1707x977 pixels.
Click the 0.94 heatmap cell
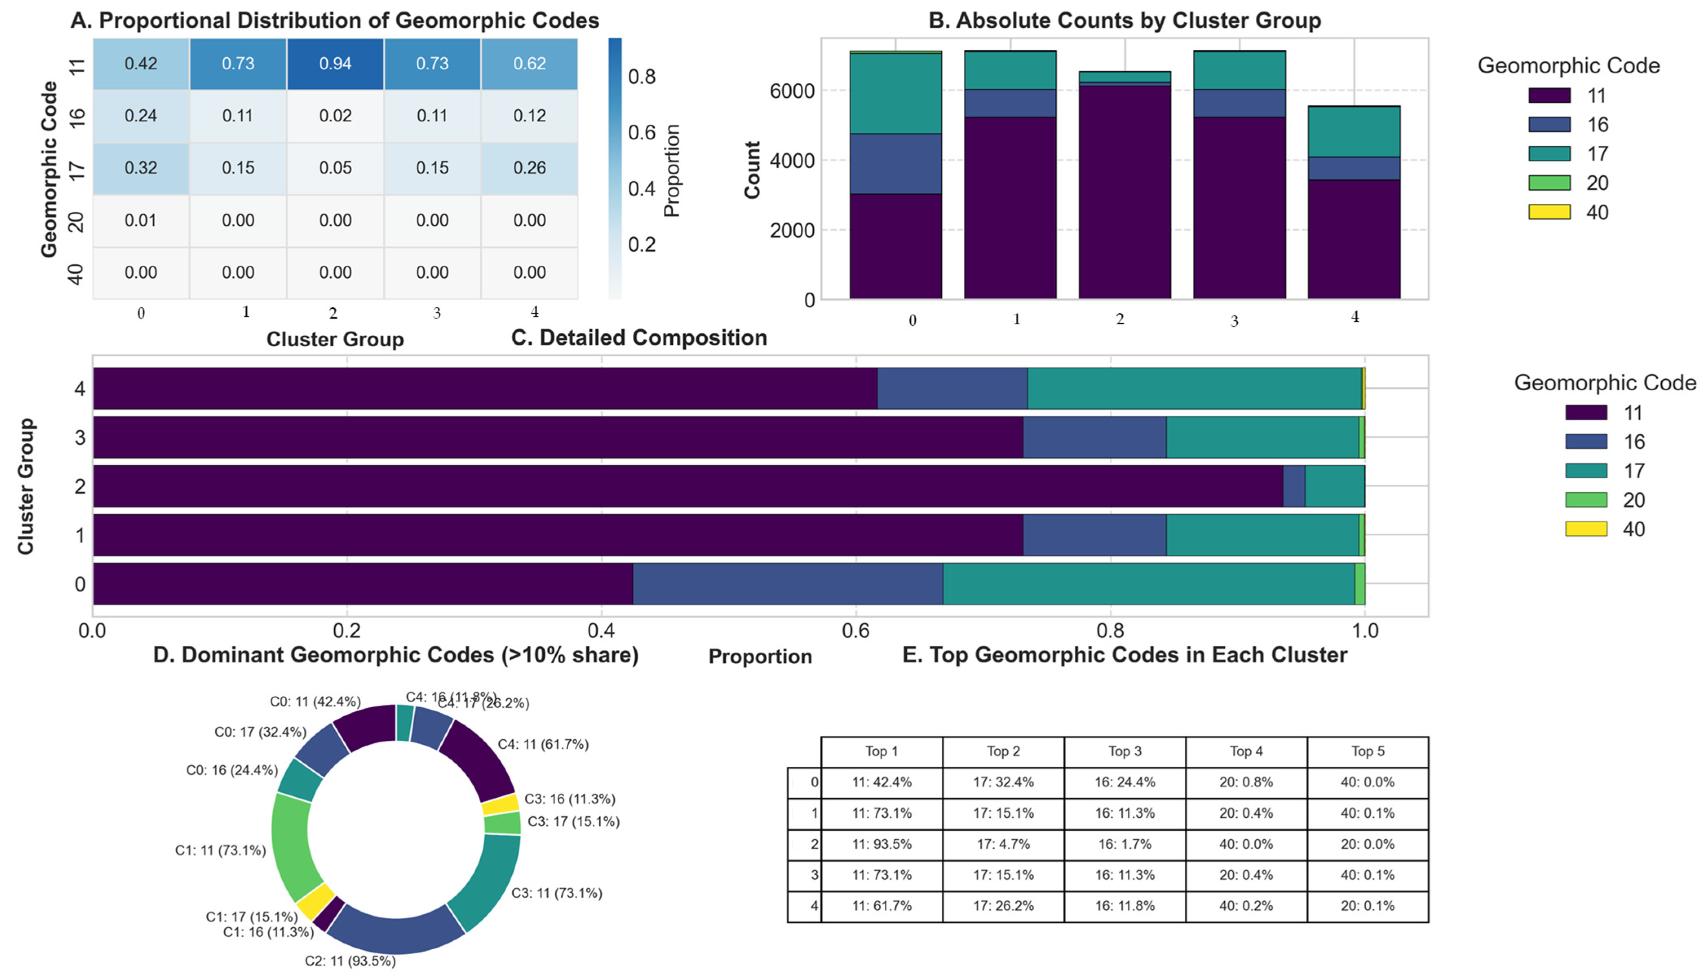click(335, 64)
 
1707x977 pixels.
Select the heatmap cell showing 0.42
click(141, 64)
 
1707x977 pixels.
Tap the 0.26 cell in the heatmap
click(530, 168)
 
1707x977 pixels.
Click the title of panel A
click(335, 20)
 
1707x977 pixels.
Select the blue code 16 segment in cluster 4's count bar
click(1354, 168)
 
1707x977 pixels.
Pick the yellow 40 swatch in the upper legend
click(1549, 212)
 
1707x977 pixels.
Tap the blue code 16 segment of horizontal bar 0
click(788, 584)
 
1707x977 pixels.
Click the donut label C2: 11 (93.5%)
click(350, 961)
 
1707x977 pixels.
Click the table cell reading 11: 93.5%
click(882, 844)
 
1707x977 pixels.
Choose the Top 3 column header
click(1125, 752)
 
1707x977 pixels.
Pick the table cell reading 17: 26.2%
click(1003, 906)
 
